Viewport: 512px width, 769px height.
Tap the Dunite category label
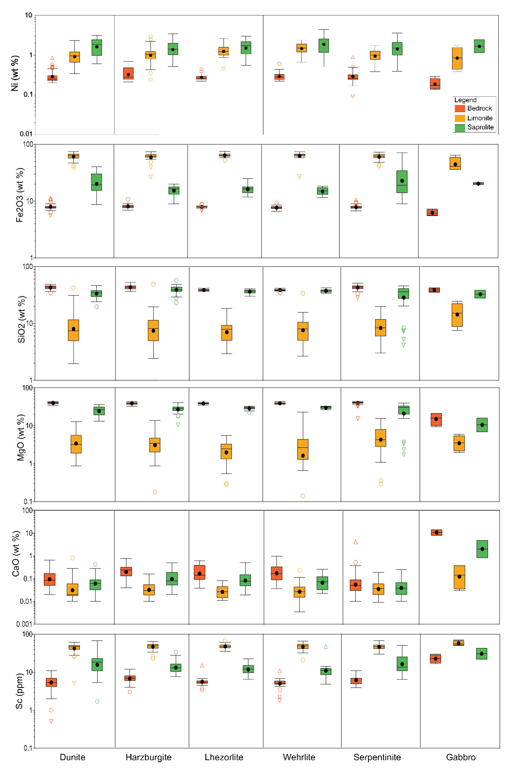pos(73,757)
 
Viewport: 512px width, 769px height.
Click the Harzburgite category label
pos(149,757)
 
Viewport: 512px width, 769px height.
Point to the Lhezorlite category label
pos(224,757)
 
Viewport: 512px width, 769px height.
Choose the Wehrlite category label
pos(299,757)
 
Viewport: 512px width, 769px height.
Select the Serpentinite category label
pos(377,757)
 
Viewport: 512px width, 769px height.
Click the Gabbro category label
pos(461,757)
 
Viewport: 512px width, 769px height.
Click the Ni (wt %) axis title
pos(15,73)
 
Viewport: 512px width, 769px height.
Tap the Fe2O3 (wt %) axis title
pos(20,195)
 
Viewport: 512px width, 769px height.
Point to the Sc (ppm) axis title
pos(20,691)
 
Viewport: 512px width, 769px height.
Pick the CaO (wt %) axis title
pos(16,554)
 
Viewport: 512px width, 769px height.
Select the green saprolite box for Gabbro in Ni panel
pos(479,46)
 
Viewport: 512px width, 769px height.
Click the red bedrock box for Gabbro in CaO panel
pos(436,533)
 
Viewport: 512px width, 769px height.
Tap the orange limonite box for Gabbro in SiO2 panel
pos(457,315)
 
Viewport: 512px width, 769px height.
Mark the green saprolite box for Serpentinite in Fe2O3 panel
pos(402,182)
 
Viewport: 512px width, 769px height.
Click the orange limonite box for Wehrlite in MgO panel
pos(303,449)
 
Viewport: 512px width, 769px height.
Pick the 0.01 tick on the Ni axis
pos(26,134)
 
